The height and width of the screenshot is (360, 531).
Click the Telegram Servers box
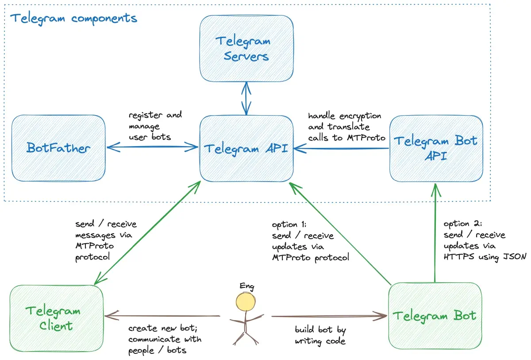pos(246,49)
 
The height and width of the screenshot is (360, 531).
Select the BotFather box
pos(58,148)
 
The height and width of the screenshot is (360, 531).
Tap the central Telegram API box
pos(246,148)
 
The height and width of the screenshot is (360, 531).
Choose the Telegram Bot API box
pos(436,148)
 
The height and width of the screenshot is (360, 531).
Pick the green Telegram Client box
pos(56,319)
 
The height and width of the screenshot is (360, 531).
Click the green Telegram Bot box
pos(435,316)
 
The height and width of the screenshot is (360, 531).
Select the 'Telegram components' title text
pos(73,19)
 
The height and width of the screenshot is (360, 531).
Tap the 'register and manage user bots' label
pos(154,126)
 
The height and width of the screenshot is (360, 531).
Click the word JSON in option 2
pos(514,257)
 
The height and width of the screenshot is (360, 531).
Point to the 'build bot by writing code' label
pos(320,335)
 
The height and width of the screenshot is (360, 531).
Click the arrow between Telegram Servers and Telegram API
pos(246,98)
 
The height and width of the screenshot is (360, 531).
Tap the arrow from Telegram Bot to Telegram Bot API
pos(435,235)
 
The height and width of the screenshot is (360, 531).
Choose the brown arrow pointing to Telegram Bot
pos(330,316)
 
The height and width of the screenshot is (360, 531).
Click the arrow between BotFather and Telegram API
pos(152,146)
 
